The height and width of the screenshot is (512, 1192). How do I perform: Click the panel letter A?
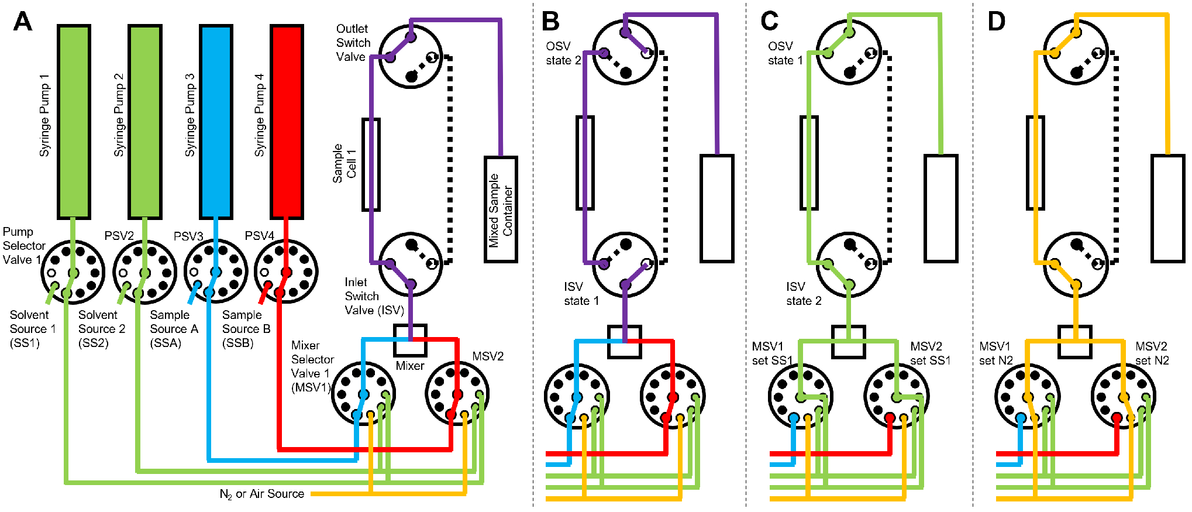(x=23, y=22)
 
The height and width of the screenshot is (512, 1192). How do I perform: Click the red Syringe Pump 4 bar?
(x=287, y=121)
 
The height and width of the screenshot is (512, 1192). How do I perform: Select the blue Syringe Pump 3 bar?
(x=216, y=121)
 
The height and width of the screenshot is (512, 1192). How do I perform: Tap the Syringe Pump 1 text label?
(x=44, y=115)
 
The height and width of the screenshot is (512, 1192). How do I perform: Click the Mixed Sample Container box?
(x=501, y=209)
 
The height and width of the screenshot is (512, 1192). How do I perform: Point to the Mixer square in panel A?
(x=410, y=340)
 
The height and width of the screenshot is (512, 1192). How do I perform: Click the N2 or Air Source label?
(x=261, y=494)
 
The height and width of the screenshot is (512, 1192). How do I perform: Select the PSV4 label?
(x=259, y=236)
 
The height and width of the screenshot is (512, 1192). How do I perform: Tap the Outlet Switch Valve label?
(x=353, y=43)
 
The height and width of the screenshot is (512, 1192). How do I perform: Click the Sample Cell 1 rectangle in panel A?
(x=371, y=164)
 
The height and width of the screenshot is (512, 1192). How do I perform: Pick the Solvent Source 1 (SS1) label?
(x=32, y=329)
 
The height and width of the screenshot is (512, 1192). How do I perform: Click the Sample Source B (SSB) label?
(x=246, y=329)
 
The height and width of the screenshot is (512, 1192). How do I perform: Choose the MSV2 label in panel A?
(x=488, y=356)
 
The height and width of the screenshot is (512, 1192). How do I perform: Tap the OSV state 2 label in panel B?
(x=563, y=53)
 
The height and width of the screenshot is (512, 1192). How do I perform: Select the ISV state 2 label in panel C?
(x=803, y=294)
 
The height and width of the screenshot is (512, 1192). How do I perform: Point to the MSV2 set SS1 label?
(x=930, y=353)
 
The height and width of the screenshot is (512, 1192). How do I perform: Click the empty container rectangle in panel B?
(x=717, y=208)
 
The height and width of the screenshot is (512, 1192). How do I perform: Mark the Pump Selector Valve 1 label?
(x=23, y=246)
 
